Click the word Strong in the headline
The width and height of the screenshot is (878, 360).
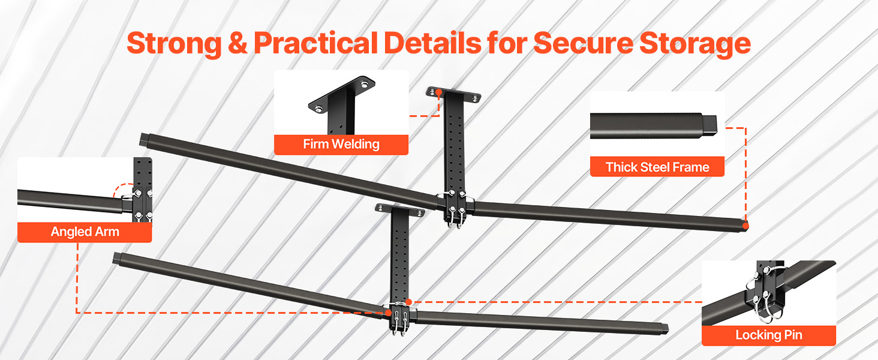175,44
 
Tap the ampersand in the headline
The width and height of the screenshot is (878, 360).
237,43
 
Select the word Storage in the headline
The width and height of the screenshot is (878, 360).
695,44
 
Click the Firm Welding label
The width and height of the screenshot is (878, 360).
341,145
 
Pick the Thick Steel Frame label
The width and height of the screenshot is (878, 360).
657,167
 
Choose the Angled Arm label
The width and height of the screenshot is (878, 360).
85,232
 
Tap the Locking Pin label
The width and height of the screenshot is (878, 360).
769,335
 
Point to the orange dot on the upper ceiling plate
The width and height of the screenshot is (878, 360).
438,92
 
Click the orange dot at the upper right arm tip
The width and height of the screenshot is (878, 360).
745,226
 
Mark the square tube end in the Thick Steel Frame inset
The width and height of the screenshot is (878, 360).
709,125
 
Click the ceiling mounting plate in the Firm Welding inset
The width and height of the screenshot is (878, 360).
342,94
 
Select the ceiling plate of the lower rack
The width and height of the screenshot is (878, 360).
400,210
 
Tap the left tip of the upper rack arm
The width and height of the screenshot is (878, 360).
143,140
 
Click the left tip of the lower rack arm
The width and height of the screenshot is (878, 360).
116,259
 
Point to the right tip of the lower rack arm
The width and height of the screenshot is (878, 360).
666,329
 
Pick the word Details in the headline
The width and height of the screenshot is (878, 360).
433,43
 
